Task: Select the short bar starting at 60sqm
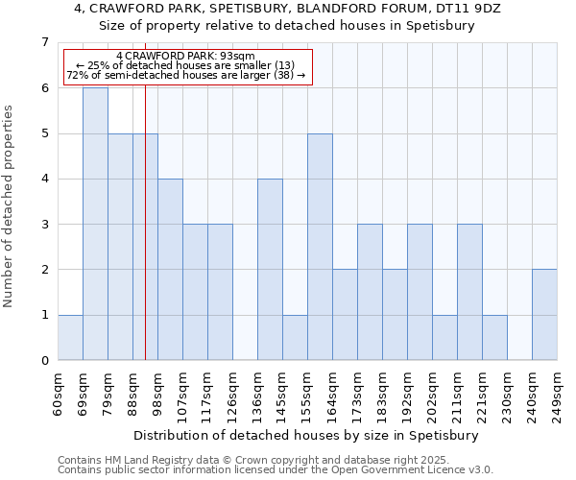[x=70, y=337]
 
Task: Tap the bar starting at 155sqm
[x=320, y=247]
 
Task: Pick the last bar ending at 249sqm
[x=544, y=315]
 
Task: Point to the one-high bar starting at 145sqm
[x=295, y=337]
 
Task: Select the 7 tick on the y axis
[x=44, y=42]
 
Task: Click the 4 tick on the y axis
[x=44, y=179]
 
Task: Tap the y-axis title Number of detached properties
[x=10, y=206]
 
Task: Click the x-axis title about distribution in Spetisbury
[x=307, y=435]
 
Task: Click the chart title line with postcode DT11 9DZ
[x=288, y=9]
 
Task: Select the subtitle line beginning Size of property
[x=288, y=26]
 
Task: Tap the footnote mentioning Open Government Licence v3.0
[x=276, y=470]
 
